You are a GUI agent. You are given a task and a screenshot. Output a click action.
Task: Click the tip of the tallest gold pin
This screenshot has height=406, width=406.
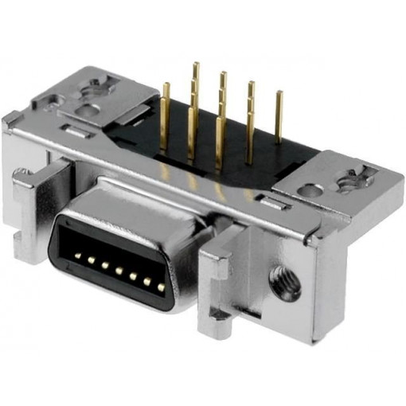196,65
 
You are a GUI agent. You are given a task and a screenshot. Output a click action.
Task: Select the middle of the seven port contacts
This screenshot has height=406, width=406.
119,269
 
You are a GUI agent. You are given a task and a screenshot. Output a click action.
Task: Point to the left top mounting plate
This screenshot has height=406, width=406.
88,100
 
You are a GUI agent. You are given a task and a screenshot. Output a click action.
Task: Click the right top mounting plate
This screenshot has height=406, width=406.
334,187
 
